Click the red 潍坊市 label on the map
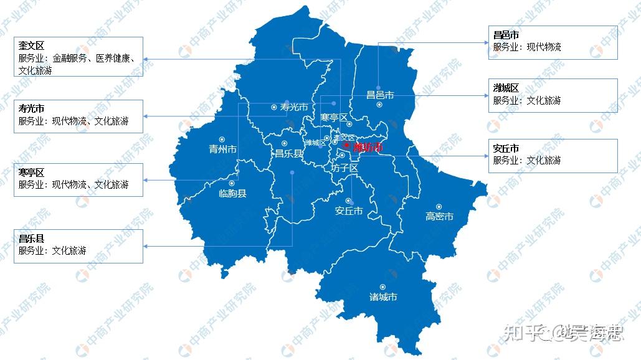[x=368, y=148]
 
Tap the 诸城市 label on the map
[x=383, y=297]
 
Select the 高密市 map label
[x=439, y=217]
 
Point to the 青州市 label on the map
[x=222, y=149]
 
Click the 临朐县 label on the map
[x=232, y=194]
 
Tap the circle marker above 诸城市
[x=382, y=287]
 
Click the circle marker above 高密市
[x=439, y=207]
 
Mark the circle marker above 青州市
[x=221, y=140]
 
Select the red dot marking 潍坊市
[x=346, y=145]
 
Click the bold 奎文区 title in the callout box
[x=31, y=47]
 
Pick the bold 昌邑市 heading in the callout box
[x=506, y=36]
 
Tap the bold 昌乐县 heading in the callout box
[x=31, y=239]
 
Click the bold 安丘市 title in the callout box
[x=506, y=149]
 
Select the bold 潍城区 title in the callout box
[x=506, y=88]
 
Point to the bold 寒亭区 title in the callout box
[x=31, y=173]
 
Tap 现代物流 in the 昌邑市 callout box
[x=544, y=47]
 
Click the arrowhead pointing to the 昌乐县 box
[x=146, y=246]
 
